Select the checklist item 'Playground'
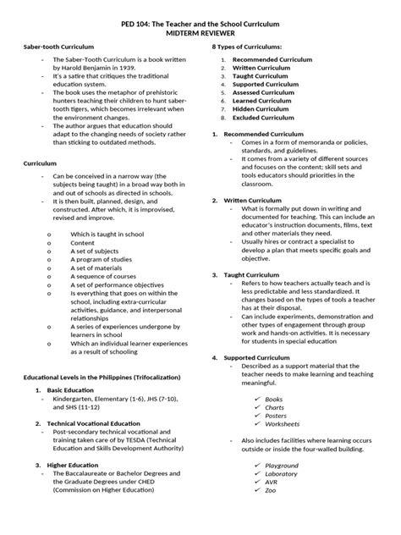coord(282,465)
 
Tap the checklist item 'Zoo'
coord(271,490)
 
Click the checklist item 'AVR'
coord(272,482)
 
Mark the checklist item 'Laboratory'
coord(282,473)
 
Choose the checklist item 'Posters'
coord(276,415)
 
